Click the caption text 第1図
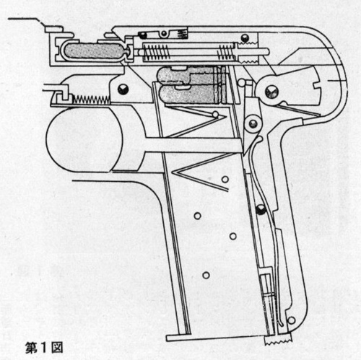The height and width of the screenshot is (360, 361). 44,348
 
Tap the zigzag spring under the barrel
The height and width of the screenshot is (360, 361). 92,100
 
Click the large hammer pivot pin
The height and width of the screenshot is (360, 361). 271,92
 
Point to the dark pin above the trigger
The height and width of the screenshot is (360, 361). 123,89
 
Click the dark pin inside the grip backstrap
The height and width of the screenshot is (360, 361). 261,210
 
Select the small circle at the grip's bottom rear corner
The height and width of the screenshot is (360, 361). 291,320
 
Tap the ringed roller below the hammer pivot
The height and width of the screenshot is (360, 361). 253,124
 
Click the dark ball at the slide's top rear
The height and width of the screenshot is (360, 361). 245,38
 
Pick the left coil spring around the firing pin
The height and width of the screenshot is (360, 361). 156,53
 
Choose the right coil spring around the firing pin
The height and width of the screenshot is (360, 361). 226,53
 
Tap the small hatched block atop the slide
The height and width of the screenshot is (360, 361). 182,34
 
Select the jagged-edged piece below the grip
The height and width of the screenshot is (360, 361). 278,338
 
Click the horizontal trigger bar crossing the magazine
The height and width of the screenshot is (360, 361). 193,145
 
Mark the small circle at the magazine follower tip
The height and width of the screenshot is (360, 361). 215,114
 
